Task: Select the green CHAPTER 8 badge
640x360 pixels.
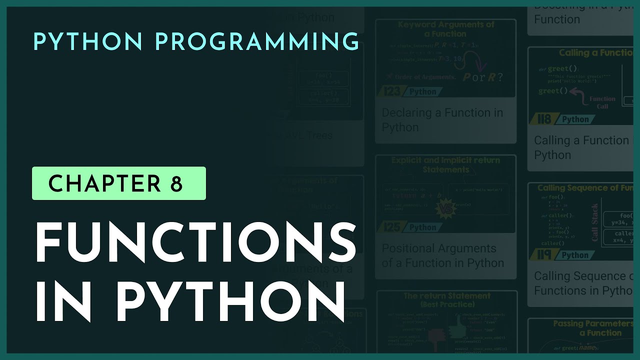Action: click(x=119, y=183)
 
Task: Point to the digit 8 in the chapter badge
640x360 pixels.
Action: click(x=176, y=184)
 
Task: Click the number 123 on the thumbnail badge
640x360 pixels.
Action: click(x=393, y=91)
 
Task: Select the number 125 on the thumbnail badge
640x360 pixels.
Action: click(x=393, y=227)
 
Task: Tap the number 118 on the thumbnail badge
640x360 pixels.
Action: click(x=544, y=119)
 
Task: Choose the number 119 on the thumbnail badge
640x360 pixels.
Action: click(x=544, y=255)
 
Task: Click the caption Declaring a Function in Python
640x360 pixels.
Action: click(x=442, y=120)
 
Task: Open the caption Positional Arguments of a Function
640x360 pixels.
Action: click(x=442, y=255)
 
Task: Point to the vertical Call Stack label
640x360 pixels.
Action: click(x=595, y=222)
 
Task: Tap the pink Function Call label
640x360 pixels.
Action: click(x=602, y=102)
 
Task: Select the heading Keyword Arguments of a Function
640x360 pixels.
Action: click(x=445, y=29)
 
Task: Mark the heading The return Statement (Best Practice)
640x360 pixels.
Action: click(x=446, y=299)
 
